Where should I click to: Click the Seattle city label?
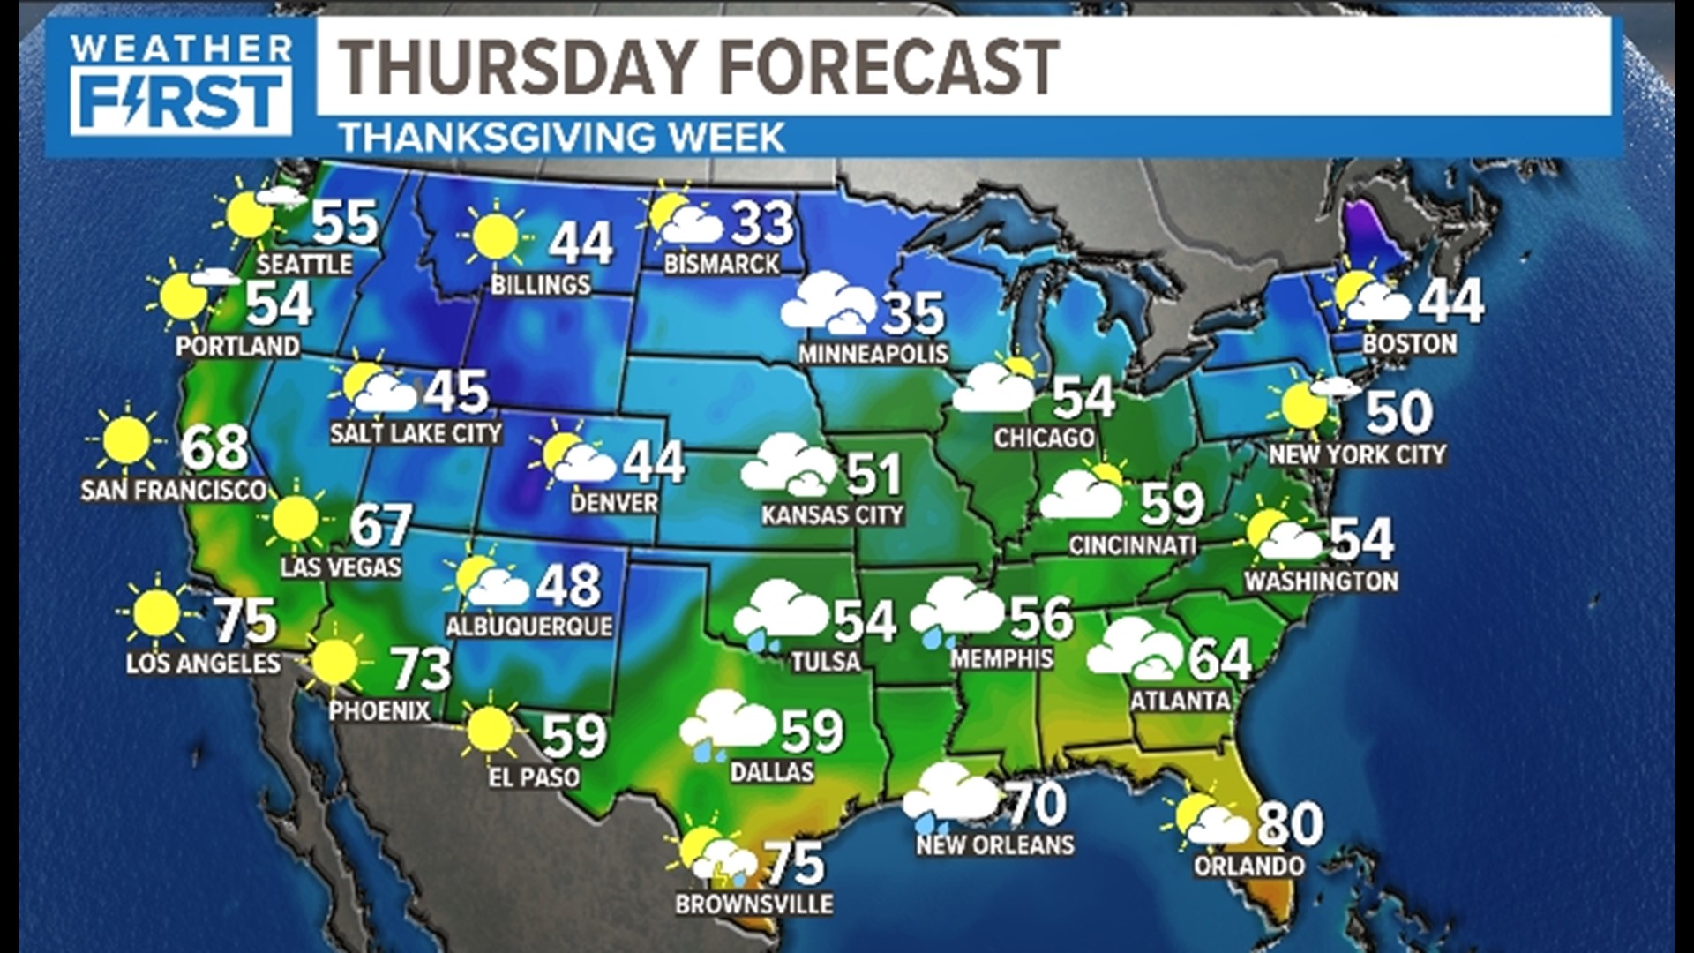(x=304, y=264)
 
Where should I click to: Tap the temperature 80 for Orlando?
(x=1290, y=824)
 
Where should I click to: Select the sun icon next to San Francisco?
(x=126, y=440)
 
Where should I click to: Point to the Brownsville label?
(x=754, y=904)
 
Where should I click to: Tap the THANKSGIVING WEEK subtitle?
(x=562, y=138)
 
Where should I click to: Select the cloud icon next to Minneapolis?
(x=825, y=304)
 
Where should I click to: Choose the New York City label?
(x=1358, y=454)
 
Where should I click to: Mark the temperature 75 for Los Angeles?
(x=246, y=620)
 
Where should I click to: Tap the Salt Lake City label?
(x=416, y=433)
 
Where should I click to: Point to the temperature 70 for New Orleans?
(x=1037, y=803)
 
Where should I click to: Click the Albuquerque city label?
(x=528, y=627)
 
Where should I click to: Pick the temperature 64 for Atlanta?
(x=1219, y=659)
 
